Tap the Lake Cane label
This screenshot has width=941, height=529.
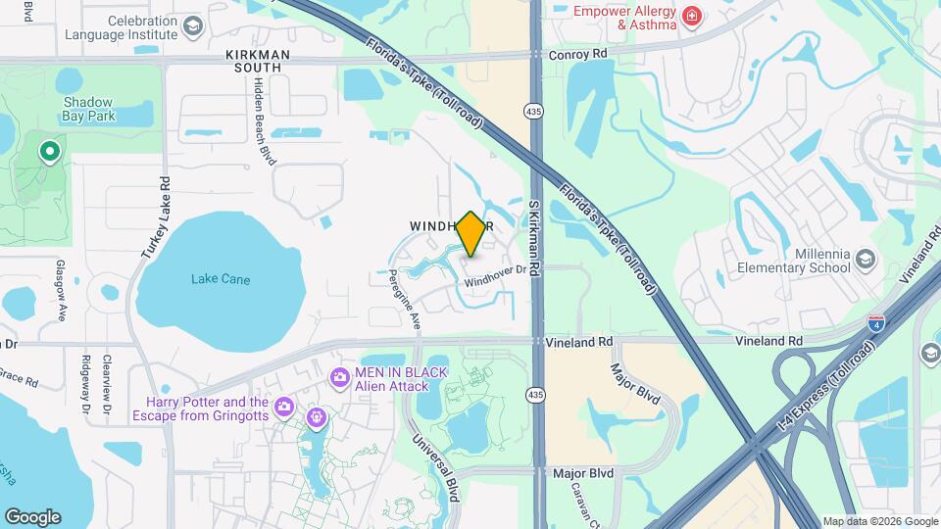click(x=221, y=279)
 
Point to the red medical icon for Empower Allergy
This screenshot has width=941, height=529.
click(x=692, y=17)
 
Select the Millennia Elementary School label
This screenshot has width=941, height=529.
click(x=796, y=260)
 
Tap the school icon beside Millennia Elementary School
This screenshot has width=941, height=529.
click(x=865, y=259)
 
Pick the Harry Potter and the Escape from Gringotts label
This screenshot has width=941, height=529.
click(x=207, y=409)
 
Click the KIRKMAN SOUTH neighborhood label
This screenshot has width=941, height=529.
click(x=252, y=61)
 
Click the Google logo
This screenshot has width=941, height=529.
click(x=32, y=516)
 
